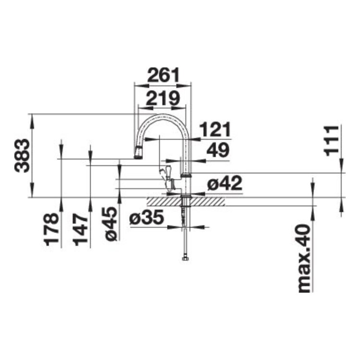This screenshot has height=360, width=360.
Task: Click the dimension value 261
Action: click(x=163, y=75)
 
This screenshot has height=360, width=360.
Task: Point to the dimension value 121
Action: click(x=215, y=130)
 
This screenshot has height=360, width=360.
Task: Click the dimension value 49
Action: click(x=217, y=151)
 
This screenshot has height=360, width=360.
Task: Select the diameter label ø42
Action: click(x=224, y=183)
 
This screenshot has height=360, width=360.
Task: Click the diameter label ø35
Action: click(x=147, y=218)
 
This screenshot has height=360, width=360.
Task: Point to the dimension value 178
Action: click(x=52, y=229)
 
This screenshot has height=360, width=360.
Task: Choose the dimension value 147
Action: click(x=82, y=229)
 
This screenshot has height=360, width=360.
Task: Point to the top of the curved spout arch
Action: click(x=164, y=116)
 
